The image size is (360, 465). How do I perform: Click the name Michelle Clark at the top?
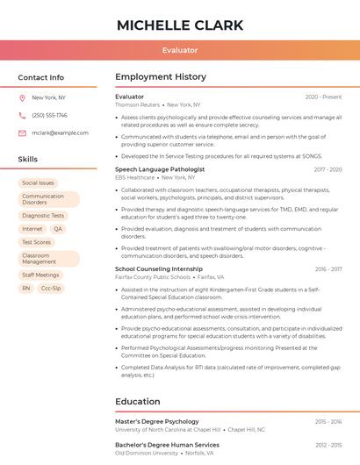(x=179, y=24)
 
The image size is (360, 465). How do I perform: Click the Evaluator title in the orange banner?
(x=179, y=50)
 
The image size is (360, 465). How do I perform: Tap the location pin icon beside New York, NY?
(x=22, y=97)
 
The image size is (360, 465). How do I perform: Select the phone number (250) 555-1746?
(x=49, y=115)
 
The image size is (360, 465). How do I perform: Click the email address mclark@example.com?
(x=60, y=132)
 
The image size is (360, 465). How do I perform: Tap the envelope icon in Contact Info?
(x=22, y=132)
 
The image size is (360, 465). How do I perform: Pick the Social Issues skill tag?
(x=38, y=182)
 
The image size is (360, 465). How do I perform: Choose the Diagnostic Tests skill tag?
(x=43, y=215)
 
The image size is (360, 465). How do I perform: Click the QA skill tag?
(x=58, y=228)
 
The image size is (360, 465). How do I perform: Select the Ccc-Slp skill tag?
(x=51, y=288)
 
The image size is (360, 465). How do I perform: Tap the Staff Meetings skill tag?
(x=40, y=275)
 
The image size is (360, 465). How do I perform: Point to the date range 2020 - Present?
(x=323, y=97)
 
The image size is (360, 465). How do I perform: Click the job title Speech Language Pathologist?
(x=160, y=168)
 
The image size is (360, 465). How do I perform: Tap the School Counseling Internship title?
(x=158, y=268)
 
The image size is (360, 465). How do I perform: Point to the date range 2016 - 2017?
(x=328, y=269)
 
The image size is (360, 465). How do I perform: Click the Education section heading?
(x=137, y=401)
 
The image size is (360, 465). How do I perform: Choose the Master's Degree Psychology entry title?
(x=156, y=421)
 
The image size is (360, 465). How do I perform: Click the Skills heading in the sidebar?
(x=28, y=159)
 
